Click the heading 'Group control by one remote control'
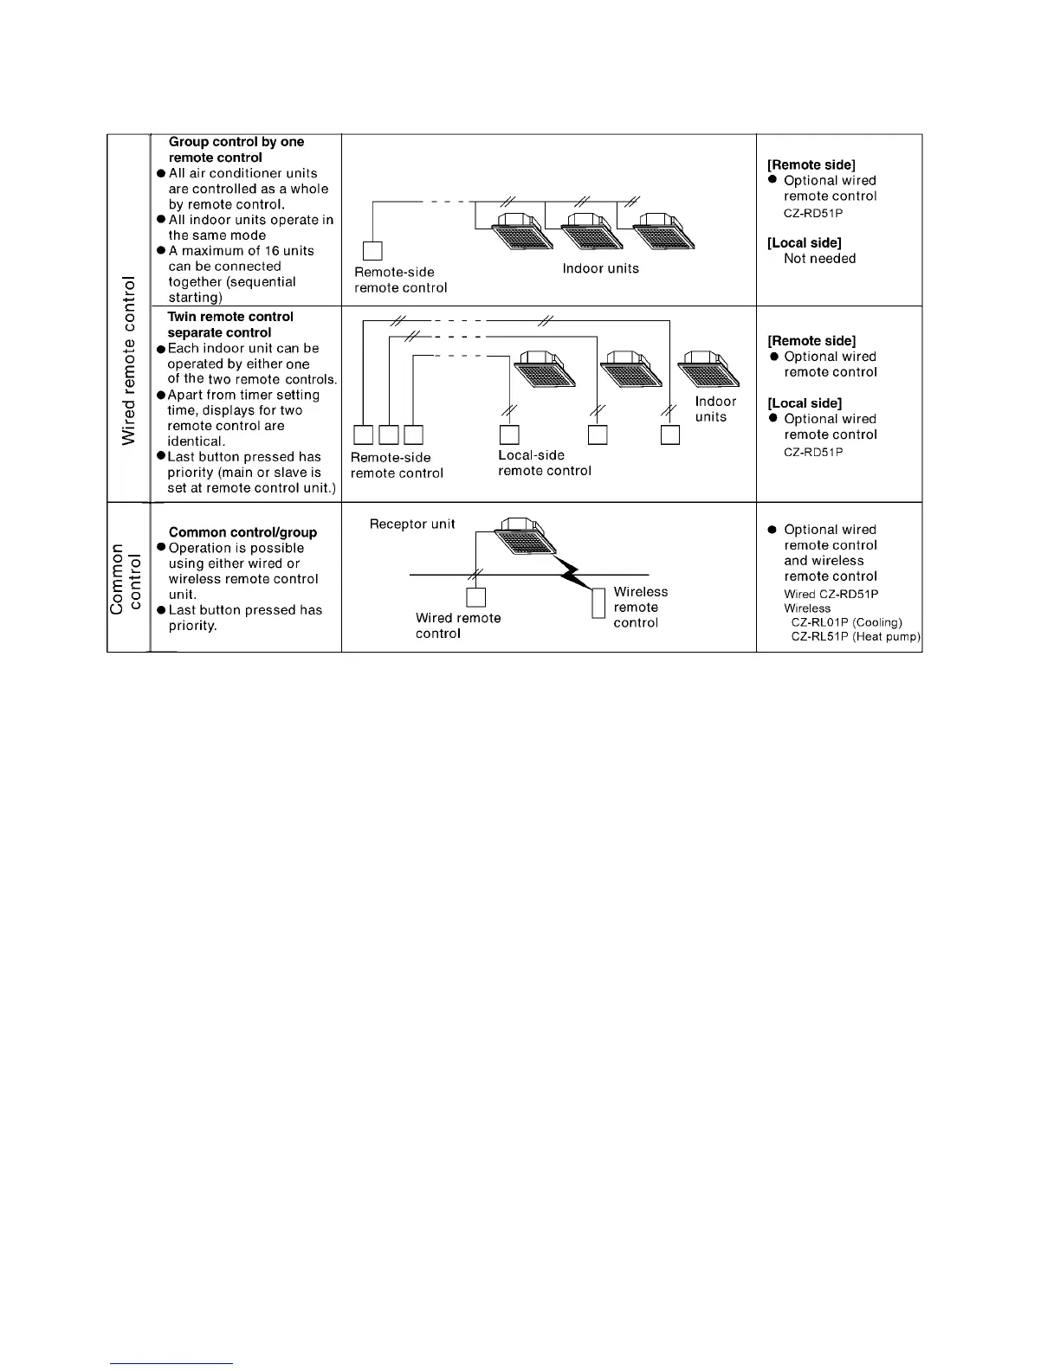[236, 150]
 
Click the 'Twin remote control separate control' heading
[229, 325]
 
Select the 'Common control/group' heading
[242, 532]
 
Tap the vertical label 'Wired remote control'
[130, 360]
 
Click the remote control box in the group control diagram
[372, 251]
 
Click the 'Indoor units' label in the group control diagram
[600, 268]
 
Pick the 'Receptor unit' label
[411, 524]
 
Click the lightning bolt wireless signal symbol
[573, 571]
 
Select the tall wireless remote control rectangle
[598, 602]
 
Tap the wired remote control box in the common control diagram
[475, 597]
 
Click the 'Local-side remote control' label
[544, 463]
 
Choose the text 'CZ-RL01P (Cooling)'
[846, 622]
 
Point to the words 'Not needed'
[819, 258]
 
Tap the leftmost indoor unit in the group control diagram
[521, 229]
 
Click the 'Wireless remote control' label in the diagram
[640, 608]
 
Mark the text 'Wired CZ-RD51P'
[831, 594]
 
